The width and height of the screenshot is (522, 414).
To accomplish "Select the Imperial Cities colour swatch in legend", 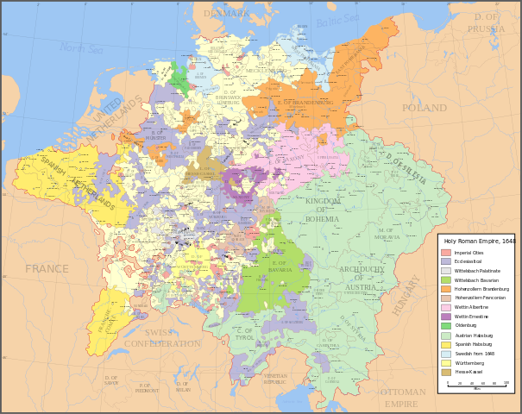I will [446, 253].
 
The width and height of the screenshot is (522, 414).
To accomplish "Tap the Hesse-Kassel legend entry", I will [446, 372].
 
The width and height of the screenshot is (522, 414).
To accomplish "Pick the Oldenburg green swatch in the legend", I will [446, 325].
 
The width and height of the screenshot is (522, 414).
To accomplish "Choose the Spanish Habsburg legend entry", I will [446, 344].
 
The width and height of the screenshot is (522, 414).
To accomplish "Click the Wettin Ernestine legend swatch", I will [446, 317].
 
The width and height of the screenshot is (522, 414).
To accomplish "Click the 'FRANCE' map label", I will [47, 269].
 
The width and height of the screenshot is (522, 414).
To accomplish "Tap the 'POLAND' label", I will [424, 109].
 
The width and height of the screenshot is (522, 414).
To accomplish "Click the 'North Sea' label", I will [82, 49].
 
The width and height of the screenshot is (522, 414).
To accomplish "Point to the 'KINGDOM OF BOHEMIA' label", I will [322, 210].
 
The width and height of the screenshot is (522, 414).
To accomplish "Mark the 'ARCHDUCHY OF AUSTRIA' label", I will [368, 279].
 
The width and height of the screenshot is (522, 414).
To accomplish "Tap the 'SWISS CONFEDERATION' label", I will [161, 338].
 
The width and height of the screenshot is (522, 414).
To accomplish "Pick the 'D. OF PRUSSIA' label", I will [486, 23].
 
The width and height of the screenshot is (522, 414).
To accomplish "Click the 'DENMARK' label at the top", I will [226, 14].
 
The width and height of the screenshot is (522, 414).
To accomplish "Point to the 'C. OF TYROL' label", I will [246, 335].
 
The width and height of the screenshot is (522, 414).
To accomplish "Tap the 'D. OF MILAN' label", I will [182, 386].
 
